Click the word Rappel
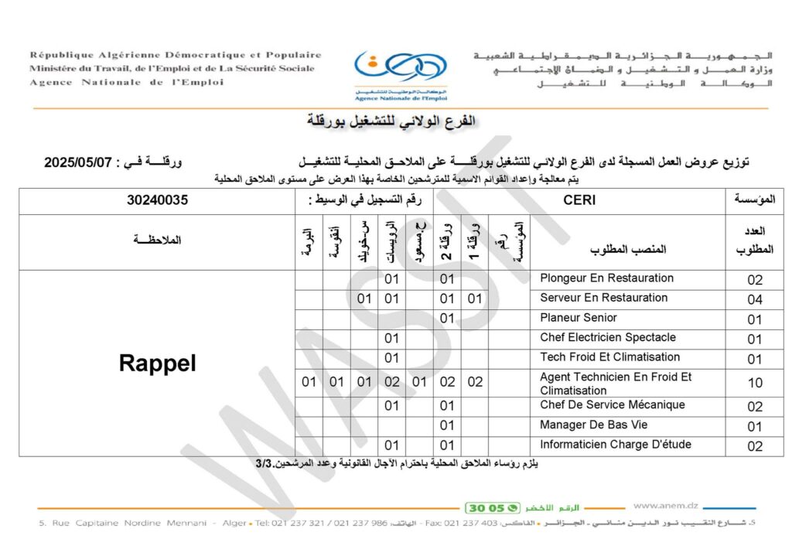pyautogui.click(x=157, y=363)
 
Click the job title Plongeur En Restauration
pyautogui.click(x=606, y=278)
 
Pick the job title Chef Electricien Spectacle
pyautogui.click(x=608, y=337)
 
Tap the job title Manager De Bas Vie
pyautogui.click(x=593, y=425)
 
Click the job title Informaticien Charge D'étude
pyautogui.click(x=616, y=445)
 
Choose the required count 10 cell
pyautogui.click(x=755, y=383)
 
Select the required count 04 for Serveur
pyautogui.click(x=755, y=299)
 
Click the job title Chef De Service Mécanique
pyautogui.click(x=613, y=404)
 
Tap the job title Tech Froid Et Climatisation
pyautogui.click(x=609, y=356)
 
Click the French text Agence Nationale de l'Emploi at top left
pyautogui.click(x=125, y=83)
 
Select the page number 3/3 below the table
pyautogui.click(x=263, y=464)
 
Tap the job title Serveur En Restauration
pyautogui.click(x=603, y=298)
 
